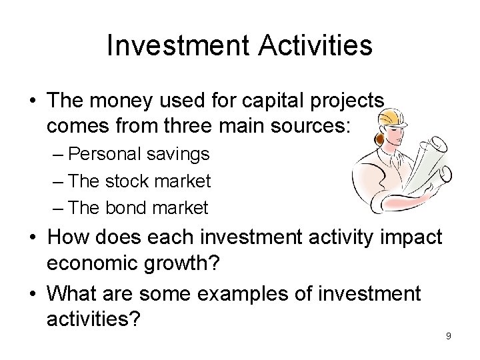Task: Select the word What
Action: [x=72, y=293]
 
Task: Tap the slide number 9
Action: [x=448, y=335]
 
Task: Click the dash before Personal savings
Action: [x=59, y=155]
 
